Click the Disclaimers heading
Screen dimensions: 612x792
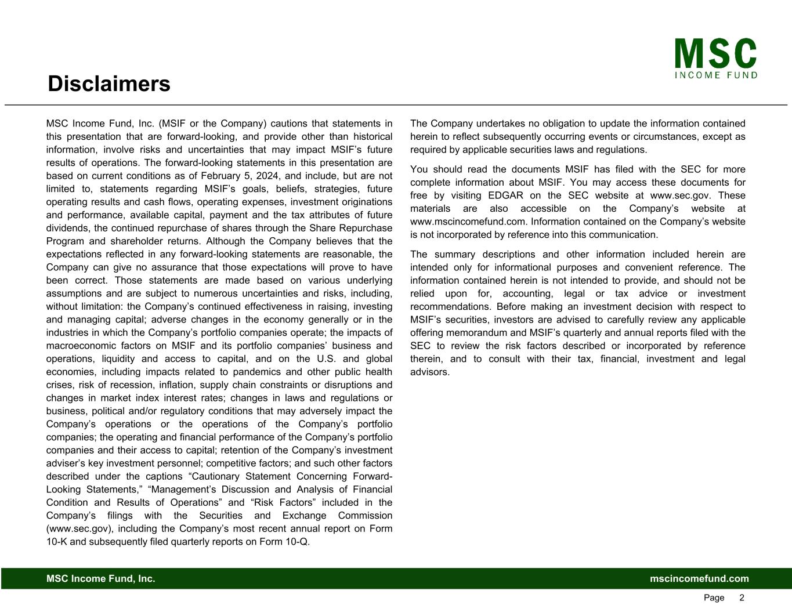(x=109, y=84)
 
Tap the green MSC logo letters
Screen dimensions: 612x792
(x=715, y=54)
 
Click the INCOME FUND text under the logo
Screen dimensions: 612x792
(x=716, y=75)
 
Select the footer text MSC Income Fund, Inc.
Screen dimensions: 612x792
(x=101, y=579)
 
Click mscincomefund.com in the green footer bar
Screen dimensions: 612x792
(x=699, y=579)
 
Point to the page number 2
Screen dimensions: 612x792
(x=742, y=598)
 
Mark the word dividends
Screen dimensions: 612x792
(x=67, y=228)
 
